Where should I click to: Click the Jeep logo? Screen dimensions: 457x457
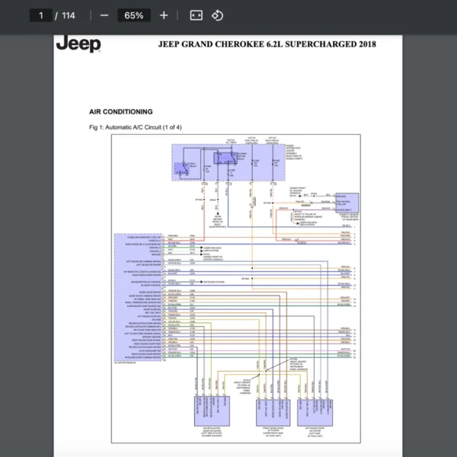tap(78, 44)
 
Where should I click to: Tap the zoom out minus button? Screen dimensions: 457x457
tap(104, 15)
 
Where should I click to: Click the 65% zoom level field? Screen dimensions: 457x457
tap(134, 15)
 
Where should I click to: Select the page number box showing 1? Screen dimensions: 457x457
tap(41, 15)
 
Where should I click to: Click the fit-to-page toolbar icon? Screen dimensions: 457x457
tap(196, 15)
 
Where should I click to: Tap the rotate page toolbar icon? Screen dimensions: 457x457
tap(217, 15)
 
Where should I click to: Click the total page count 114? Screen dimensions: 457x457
tap(69, 15)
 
